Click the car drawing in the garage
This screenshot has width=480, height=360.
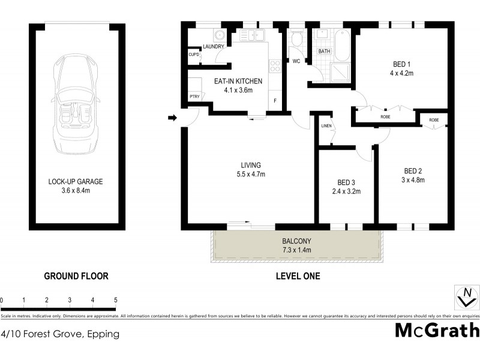[76, 105]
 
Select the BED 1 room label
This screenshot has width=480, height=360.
[398, 65]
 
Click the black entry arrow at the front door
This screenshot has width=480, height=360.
[172, 118]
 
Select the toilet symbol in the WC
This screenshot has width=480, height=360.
[296, 40]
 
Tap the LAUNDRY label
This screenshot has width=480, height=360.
[213, 47]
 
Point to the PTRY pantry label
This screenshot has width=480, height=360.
[194, 96]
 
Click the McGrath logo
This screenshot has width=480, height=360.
[437, 331]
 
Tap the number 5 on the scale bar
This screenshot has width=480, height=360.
[115, 300]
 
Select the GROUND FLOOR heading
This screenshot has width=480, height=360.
[76, 277]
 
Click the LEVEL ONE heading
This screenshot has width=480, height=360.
[298, 277]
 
